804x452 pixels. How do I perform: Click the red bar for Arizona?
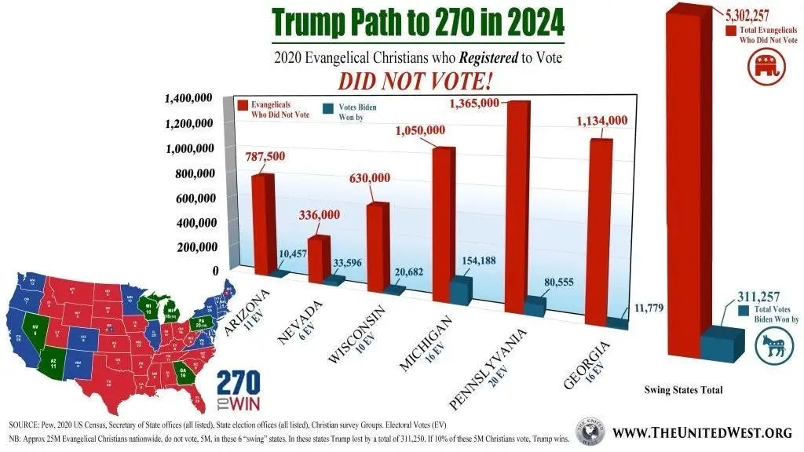pyautogui.click(x=262, y=224)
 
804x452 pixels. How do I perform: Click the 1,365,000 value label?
pyautogui.click(x=473, y=104)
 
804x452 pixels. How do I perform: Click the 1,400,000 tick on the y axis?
pyautogui.click(x=188, y=99)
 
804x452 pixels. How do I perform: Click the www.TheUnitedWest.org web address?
pyautogui.click(x=702, y=432)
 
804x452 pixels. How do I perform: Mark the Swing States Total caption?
pyautogui.click(x=683, y=390)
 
